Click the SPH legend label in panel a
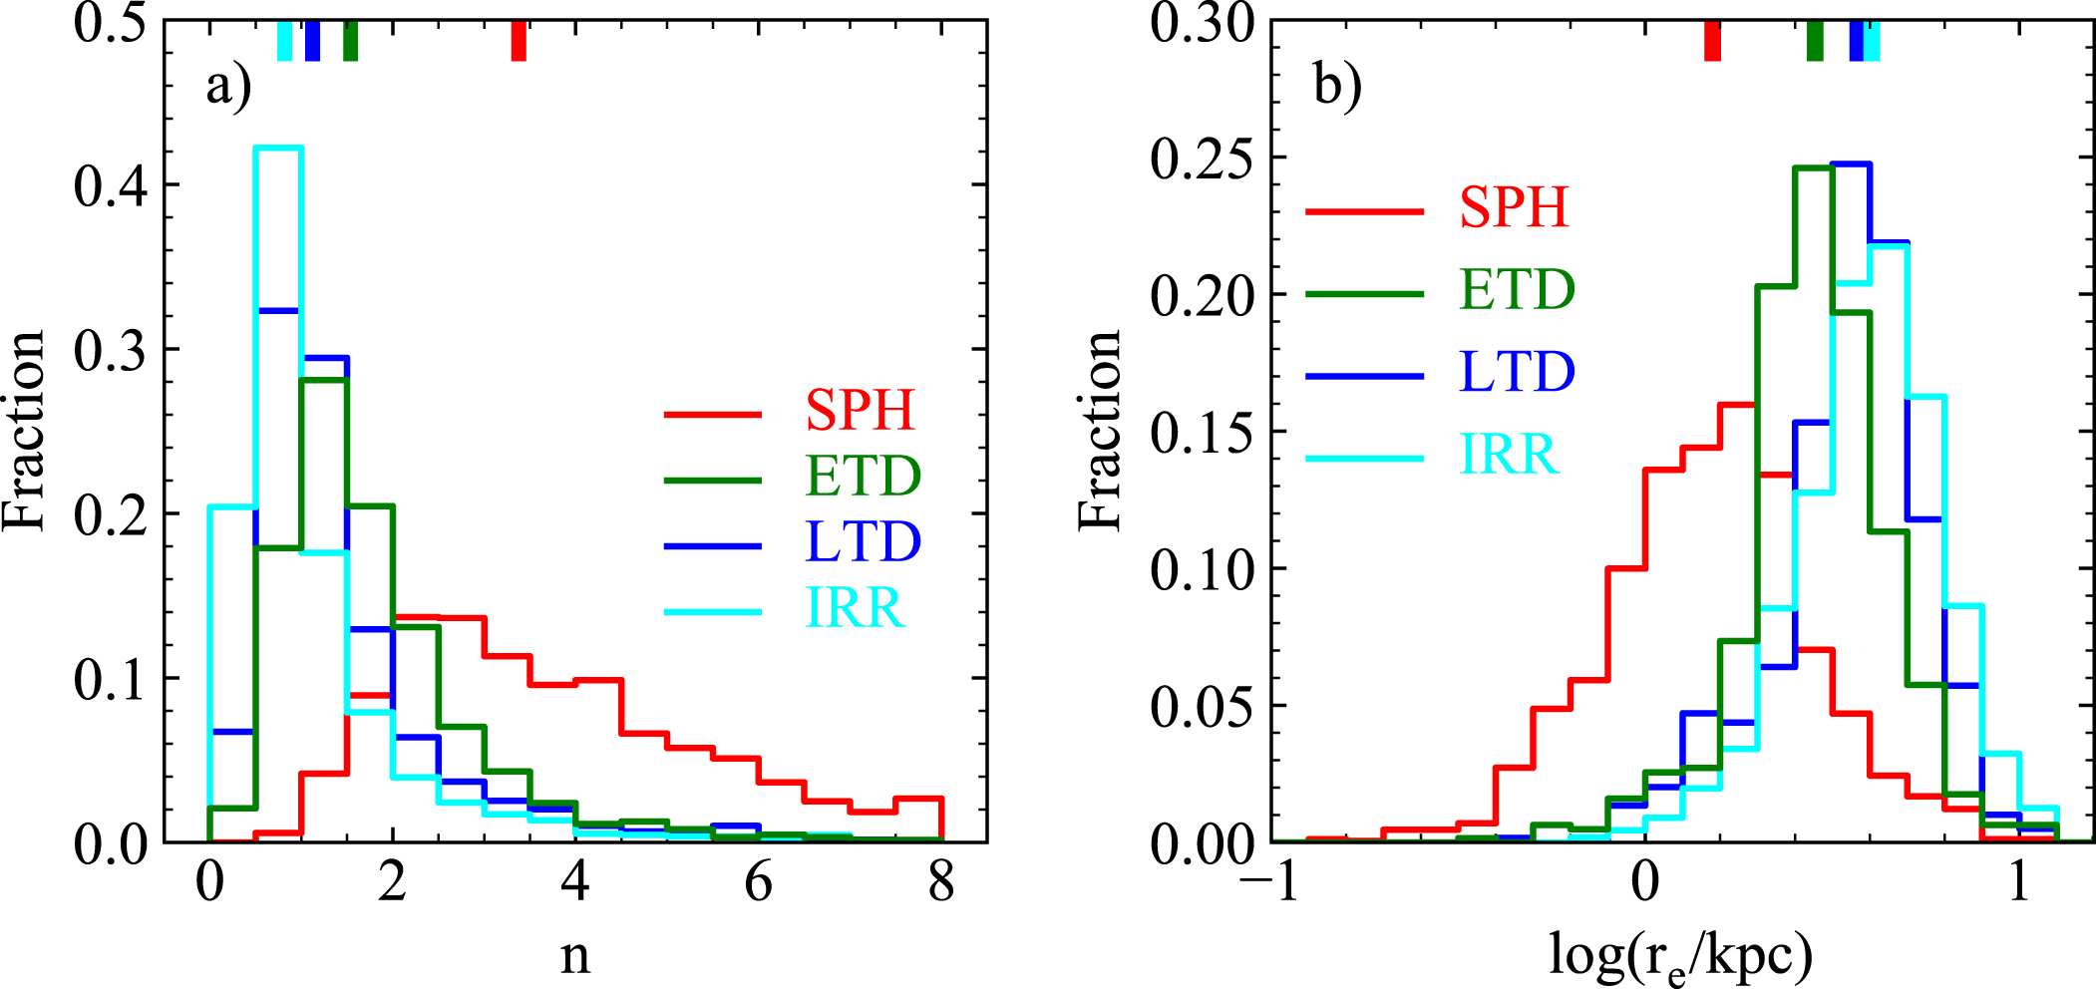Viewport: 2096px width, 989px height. [860, 410]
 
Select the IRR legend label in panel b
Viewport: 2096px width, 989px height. [1508, 455]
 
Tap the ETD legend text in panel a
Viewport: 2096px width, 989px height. [863, 476]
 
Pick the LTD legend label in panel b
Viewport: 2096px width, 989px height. [1516, 372]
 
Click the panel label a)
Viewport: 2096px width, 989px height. [228, 86]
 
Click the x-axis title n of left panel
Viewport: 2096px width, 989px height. [575, 955]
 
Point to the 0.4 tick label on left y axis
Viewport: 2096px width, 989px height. [110, 185]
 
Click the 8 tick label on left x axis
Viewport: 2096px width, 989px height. [940, 882]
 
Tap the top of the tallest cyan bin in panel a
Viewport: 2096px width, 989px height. [278, 149]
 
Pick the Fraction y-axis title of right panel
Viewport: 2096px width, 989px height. [1100, 431]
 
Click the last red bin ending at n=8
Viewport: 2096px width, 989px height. [918, 799]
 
